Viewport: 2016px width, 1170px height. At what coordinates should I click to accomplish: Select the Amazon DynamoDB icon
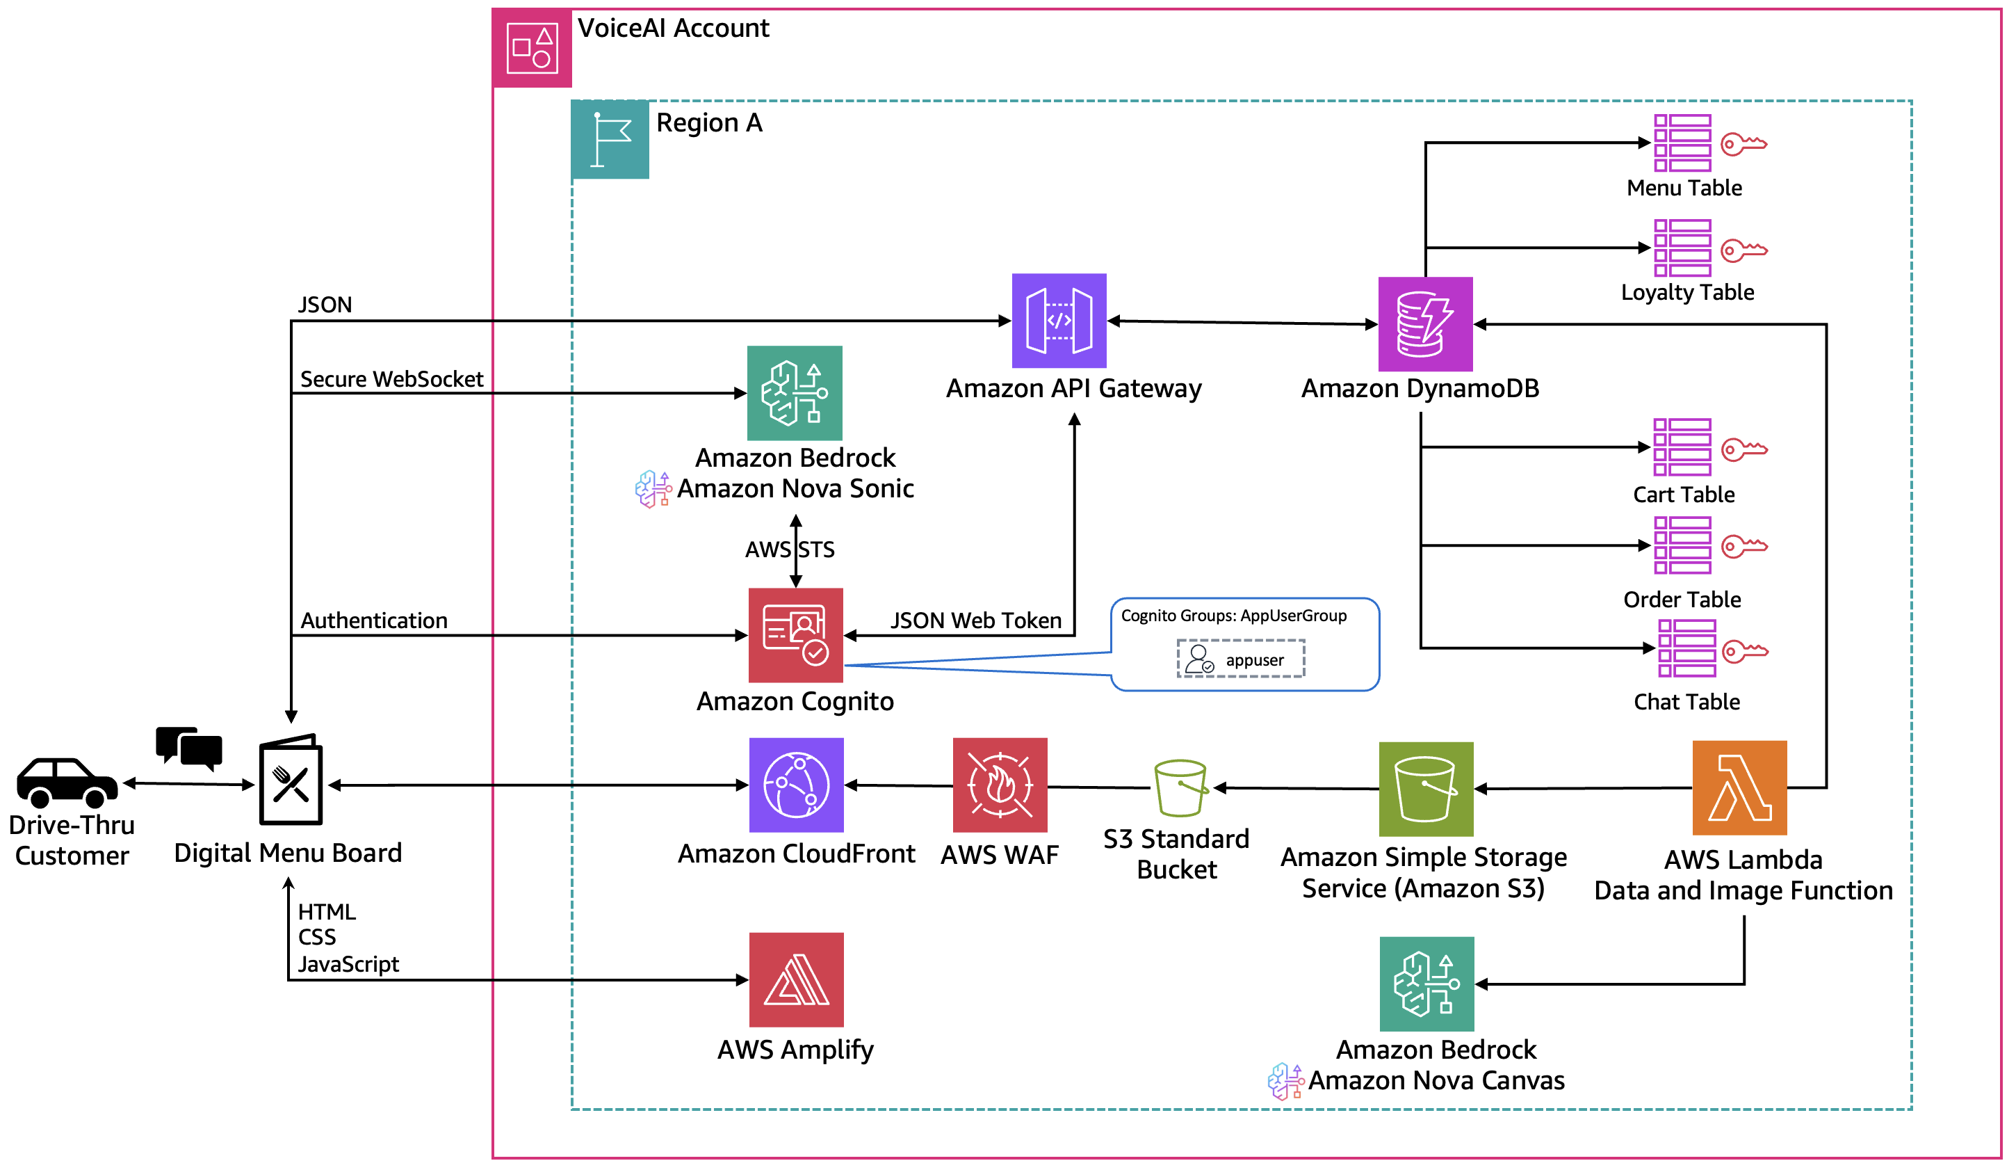(x=1425, y=324)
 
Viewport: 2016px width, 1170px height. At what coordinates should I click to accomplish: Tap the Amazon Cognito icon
(x=795, y=635)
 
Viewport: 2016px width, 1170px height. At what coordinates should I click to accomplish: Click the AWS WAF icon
(x=999, y=785)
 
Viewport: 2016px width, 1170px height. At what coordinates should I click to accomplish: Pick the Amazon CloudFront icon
(x=796, y=785)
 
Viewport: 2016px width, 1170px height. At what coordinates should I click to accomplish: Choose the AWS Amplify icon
(x=796, y=979)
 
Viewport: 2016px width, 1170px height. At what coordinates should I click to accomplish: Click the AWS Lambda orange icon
(x=1739, y=788)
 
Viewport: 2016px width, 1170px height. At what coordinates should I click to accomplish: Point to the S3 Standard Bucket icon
(x=1180, y=788)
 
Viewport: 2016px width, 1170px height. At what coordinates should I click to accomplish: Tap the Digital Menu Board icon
(x=291, y=780)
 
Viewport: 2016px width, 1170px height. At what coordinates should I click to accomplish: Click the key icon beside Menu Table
(x=1743, y=144)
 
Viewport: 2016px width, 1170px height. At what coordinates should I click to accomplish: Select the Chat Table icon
(x=1686, y=648)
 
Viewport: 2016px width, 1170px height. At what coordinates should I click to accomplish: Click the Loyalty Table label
(x=1687, y=293)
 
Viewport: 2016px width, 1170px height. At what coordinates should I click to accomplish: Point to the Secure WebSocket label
(x=391, y=379)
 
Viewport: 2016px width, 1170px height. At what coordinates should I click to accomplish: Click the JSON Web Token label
(x=975, y=620)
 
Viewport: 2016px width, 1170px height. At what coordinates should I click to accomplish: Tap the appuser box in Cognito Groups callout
(x=1240, y=659)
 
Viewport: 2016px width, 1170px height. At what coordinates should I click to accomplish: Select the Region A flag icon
(x=610, y=139)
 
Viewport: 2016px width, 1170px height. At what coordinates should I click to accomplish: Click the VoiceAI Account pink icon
(x=532, y=48)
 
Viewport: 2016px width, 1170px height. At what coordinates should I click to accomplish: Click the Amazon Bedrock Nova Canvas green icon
(x=1426, y=984)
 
